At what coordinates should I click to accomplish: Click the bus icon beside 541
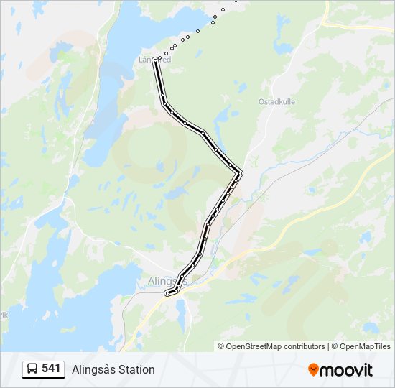click(32, 369)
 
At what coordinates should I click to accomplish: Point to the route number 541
click(51, 369)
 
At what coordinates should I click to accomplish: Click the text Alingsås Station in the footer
click(113, 369)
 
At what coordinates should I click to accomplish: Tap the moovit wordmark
click(347, 370)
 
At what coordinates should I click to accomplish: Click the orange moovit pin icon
click(313, 370)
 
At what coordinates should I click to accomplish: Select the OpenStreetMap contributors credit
click(276, 346)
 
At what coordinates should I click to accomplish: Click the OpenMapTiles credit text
click(366, 346)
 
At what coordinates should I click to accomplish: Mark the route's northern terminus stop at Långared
click(156, 60)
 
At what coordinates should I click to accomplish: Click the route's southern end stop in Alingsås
click(167, 293)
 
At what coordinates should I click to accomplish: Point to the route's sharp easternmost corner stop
click(240, 172)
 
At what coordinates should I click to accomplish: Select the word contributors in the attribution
click(304, 346)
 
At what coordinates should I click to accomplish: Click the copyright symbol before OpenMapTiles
click(335, 346)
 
